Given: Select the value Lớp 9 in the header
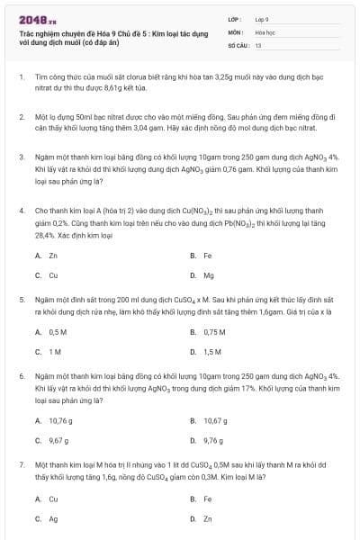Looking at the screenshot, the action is pos(261,18).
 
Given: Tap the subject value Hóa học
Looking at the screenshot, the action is pos(264,31).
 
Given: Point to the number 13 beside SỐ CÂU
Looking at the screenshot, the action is pos(258,44).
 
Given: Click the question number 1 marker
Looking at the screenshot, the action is pos(21,78).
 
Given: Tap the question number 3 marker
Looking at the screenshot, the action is pos(21,157).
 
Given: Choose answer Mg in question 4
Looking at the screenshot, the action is pos(209,275).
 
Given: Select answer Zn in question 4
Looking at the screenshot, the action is pos(53,256).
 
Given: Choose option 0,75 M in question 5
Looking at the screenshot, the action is pos(214,332).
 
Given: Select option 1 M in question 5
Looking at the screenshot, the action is pos(56,352).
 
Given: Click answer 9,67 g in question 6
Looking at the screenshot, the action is pos(58,440).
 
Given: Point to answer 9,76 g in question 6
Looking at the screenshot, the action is pos(214,440).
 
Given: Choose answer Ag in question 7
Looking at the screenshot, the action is pos(53,518).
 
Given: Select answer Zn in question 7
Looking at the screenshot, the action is pos(208,518).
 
